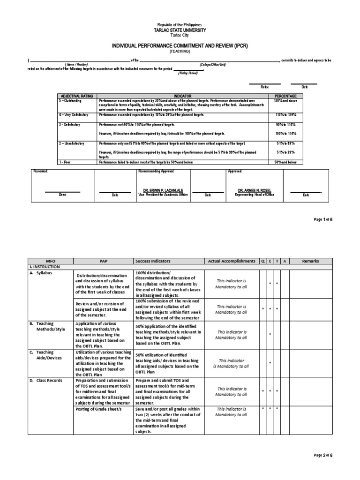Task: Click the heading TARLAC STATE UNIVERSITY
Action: [x=180, y=30]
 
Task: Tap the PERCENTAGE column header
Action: [x=285, y=95]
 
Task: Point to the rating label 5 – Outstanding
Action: [x=70, y=100]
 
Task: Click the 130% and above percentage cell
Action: [x=285, y=100]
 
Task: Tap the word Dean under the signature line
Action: [x=62, y=195]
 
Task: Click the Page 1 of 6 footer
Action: [x=322, y=219]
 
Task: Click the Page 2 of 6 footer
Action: [x=322, y=455]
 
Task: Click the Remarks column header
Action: [x=310, y=261]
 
